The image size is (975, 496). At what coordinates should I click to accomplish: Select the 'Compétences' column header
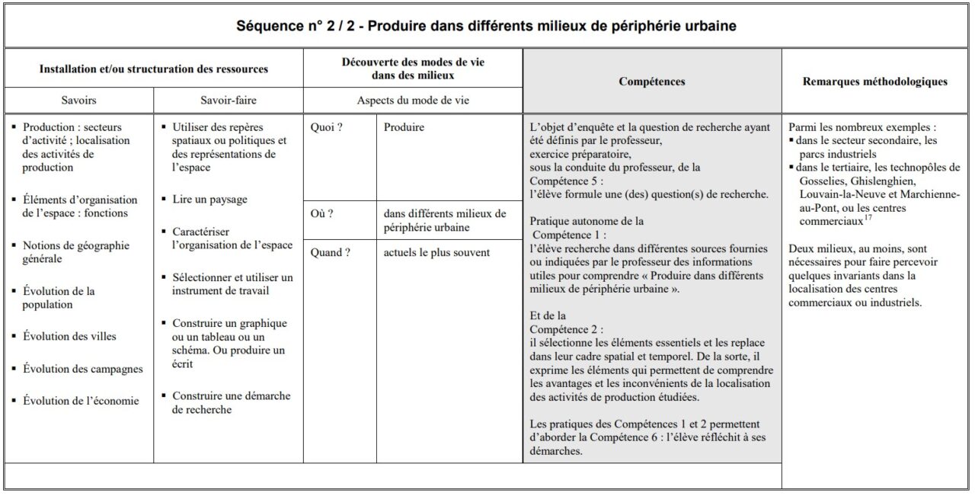651,82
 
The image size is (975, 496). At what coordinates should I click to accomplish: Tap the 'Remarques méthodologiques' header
875,82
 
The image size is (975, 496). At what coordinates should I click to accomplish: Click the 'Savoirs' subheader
78,101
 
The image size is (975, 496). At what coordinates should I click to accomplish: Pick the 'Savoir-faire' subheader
228,101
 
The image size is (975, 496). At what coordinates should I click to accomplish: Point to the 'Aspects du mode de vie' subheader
412,101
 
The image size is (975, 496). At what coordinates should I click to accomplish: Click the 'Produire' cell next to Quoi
404,128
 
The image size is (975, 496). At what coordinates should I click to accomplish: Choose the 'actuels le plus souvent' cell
436,253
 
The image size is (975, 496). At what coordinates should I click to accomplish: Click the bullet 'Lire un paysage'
209,200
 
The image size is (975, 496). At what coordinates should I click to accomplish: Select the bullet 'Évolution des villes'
69,337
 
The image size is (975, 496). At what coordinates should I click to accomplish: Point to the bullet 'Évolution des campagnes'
82,370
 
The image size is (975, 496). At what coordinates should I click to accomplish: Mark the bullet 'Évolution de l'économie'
81,401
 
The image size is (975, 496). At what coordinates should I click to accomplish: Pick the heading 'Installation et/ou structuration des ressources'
154,69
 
